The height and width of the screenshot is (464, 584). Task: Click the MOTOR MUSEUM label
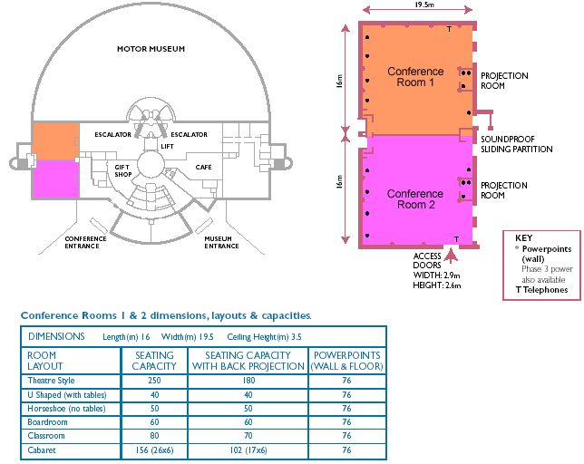point(152,48)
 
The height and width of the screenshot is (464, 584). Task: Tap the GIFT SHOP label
point(123,170)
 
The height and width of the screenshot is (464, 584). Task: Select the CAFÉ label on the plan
point(203,168)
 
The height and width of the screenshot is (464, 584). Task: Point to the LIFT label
point(167,145)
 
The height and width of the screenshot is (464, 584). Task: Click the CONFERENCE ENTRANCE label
point(86,242)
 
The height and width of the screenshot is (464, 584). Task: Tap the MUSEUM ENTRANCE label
point(222,242)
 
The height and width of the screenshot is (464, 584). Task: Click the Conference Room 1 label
point(415,77)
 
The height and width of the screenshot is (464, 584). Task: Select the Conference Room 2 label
point(415,199)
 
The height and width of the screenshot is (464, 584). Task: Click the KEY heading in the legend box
point(523,237)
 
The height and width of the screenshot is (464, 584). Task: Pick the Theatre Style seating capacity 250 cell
point(154,381)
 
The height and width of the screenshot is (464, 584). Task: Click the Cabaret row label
point(43,449)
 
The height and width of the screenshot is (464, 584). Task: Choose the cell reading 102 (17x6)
point(248,449)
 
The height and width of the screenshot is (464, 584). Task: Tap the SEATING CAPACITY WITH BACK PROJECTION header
point(248,361)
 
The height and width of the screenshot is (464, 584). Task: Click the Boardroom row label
point(48,421)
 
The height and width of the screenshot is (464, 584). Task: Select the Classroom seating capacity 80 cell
point(154,436)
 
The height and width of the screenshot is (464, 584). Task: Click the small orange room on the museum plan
point(56,140)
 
